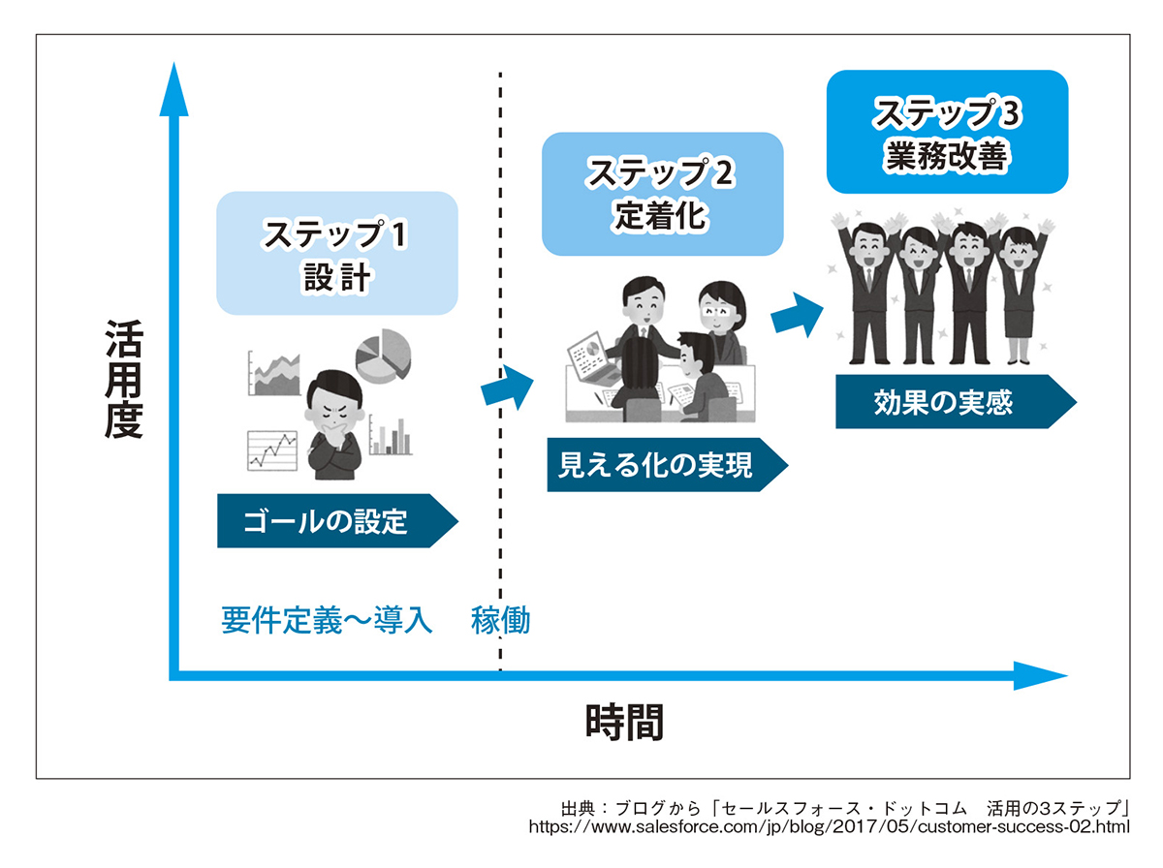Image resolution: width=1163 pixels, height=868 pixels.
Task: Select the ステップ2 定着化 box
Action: (x=662, y=194)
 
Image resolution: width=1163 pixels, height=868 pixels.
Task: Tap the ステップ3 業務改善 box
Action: (x=947, y=132)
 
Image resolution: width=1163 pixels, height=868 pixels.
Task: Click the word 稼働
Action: (x=501, y=620)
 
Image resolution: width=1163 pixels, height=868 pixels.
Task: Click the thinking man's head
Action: (x=333, y=402)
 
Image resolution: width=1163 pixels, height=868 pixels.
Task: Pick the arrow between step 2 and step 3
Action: (x=798, y=313)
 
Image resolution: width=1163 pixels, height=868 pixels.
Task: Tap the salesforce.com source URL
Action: (x=829, y=827)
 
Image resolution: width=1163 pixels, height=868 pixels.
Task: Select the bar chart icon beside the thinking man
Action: (x=389, y=437)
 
